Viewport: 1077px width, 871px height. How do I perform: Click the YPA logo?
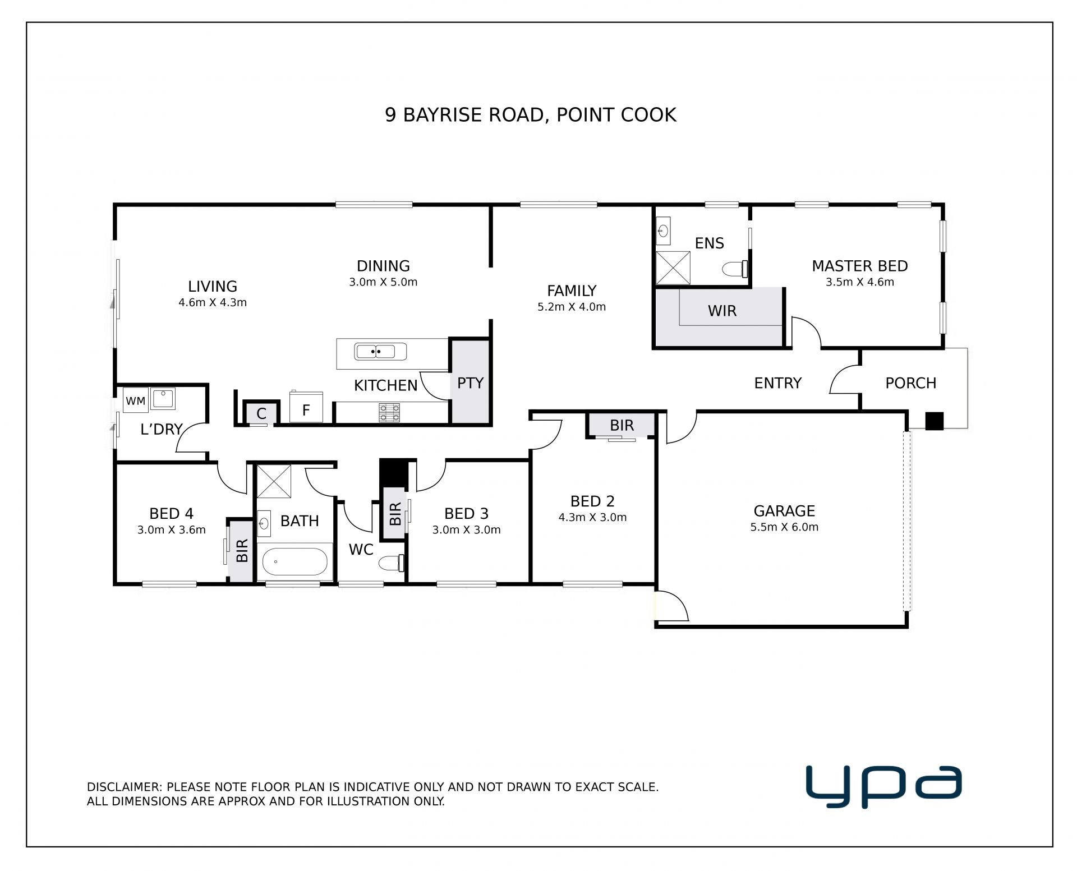pos(883,786)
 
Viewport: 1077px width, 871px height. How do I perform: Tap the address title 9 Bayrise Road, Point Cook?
pos(531,115)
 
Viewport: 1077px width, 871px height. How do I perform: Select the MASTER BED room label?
pos(859,266)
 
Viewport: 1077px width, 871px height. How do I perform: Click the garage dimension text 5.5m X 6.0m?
pos(784,527)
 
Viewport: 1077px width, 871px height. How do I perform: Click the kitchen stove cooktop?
pos(390,412)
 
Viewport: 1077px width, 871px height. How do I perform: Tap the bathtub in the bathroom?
pos(295,562)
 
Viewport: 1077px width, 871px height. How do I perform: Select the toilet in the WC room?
pos(392,563)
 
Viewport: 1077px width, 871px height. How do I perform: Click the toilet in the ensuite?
pos(736,269)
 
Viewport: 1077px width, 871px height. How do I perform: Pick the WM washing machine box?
pos(135,400)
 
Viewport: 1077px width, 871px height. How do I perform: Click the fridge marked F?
pos(306,408)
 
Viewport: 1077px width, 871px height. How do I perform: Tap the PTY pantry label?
pos(470,383)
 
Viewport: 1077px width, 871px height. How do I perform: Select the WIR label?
pos(722,311)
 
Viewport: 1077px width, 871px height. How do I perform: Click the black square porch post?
pos(934,421)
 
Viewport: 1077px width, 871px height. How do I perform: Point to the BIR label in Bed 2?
pos(622,426)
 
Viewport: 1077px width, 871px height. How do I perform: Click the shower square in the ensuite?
pos(673,269)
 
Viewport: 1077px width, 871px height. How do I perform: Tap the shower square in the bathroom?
pos(274,481)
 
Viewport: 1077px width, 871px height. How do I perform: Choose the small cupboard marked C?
pos(261,414)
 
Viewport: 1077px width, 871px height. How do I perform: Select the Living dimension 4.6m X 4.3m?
pos(213,303)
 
